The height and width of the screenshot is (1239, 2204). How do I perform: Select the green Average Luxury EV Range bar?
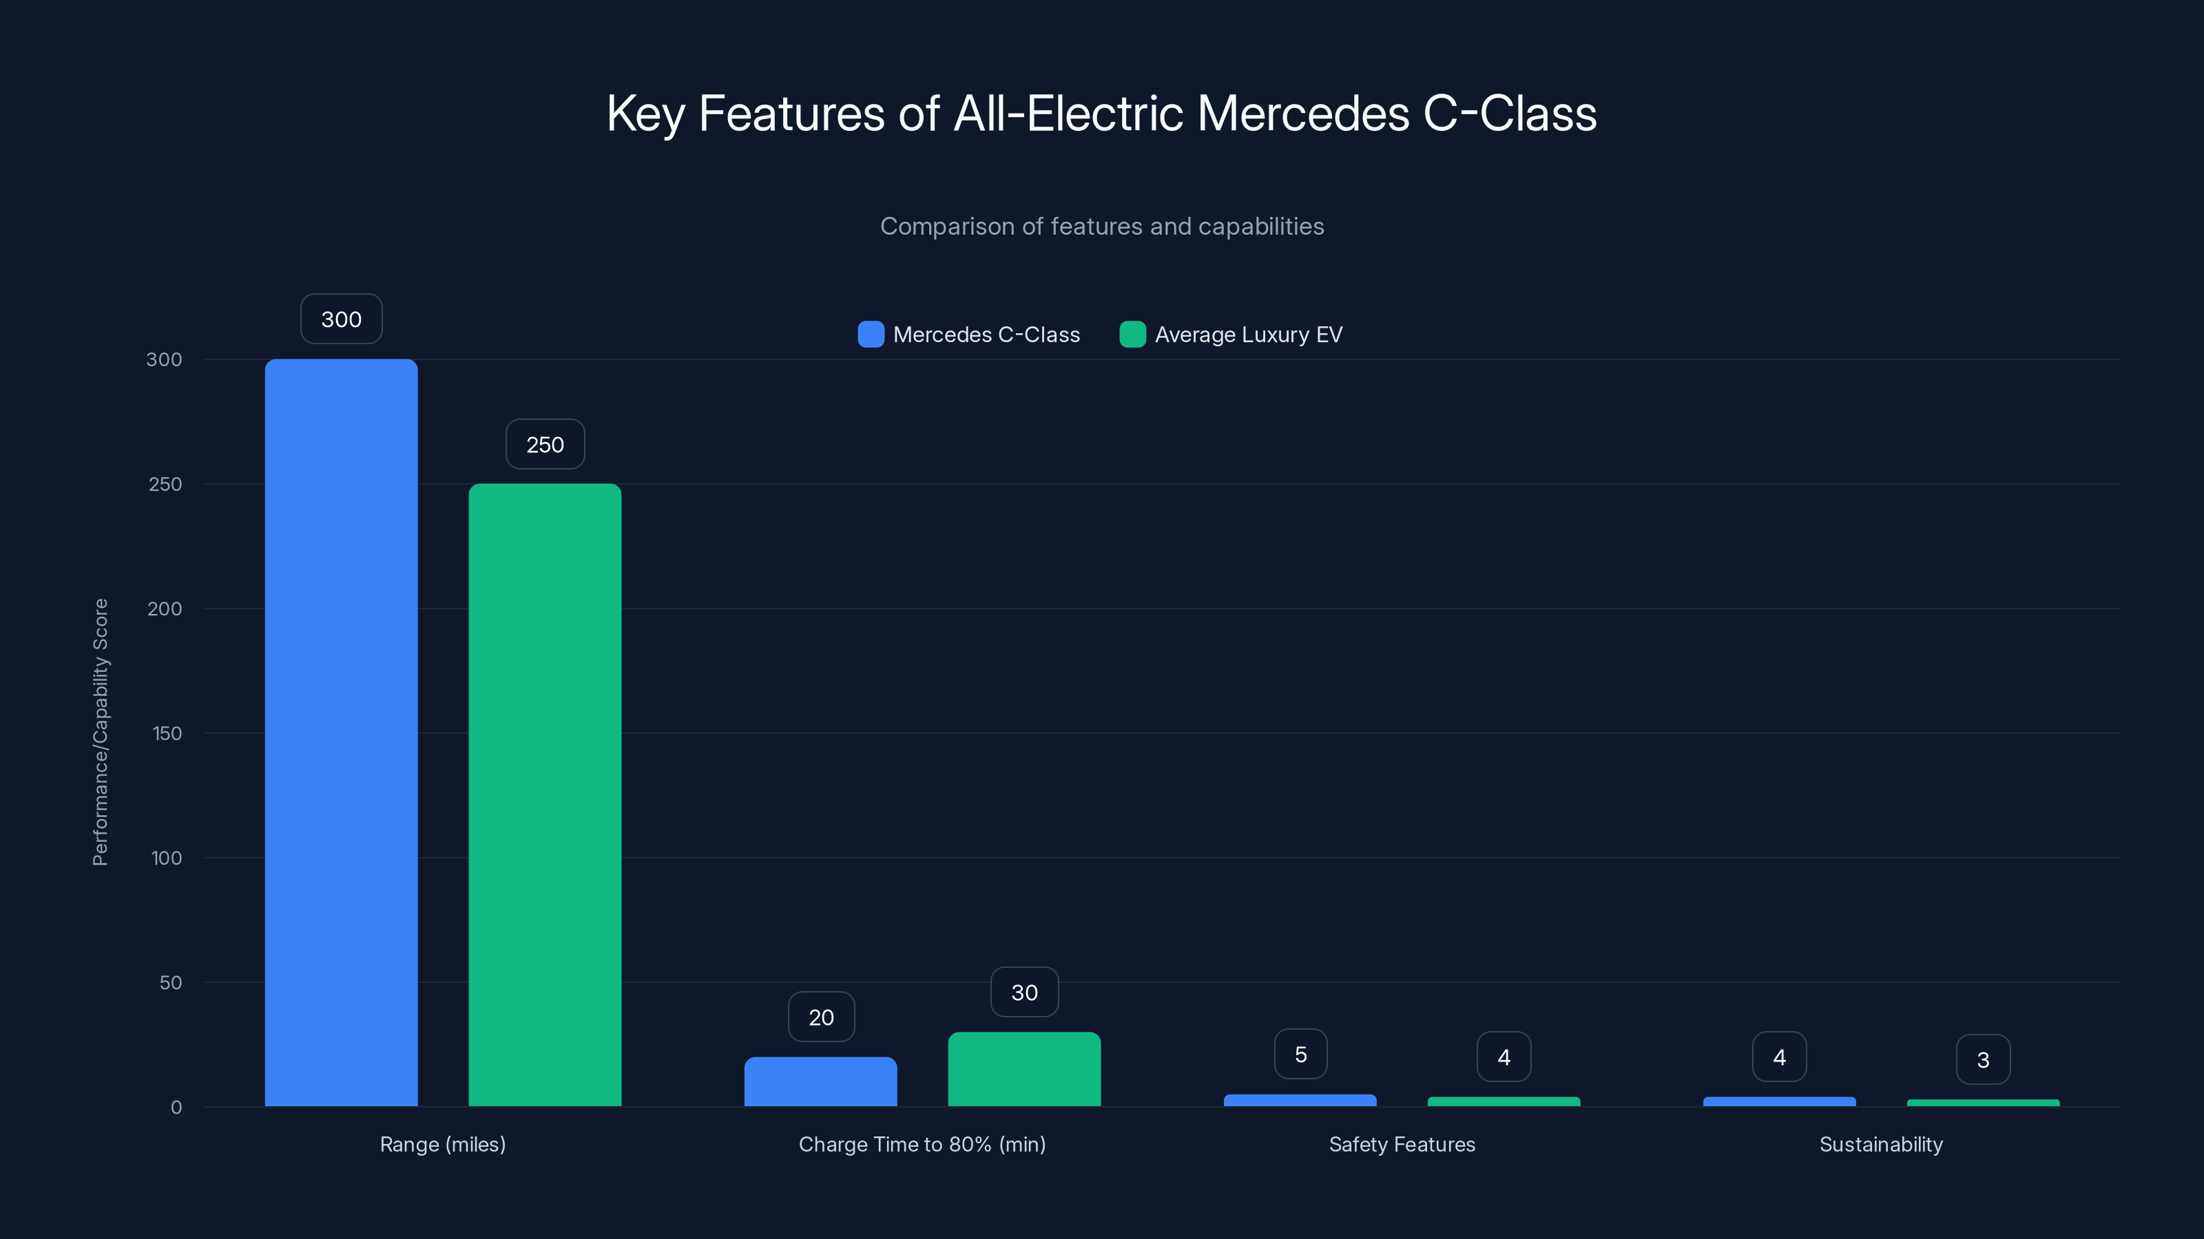click(x=544, y=794)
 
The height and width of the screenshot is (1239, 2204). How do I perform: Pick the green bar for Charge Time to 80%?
click(x=1024, y=1069)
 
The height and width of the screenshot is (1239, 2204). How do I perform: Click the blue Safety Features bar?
click(x=1300, y=1101)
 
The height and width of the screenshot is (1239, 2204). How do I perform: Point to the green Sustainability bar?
click(x=1982, y=1103)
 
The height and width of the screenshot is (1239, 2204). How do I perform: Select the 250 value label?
click(x=544, y=445)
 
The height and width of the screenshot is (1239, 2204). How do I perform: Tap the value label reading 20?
click(x=820, y=1017)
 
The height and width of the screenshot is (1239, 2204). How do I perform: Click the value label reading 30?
click(x=1024, y=993)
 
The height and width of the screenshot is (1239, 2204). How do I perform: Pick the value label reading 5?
click(x=1300, y=1055)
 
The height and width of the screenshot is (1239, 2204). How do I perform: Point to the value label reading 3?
click(x=1982, y=1060)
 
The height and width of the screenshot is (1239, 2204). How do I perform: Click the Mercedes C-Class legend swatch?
click(x=870, y=335)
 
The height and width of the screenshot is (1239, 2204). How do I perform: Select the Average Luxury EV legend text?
click(x=1248, y=335)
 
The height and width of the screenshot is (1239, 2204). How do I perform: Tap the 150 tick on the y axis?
click(x=167, y=734)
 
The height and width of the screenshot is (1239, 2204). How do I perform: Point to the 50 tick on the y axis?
click(x=170, y=982)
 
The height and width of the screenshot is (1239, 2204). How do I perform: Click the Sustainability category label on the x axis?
click(x=1880, y=1144)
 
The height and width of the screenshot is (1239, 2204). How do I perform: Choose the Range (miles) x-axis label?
click(x=442, y=1144)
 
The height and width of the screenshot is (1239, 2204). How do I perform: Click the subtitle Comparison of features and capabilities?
click(x=1102, y=226)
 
